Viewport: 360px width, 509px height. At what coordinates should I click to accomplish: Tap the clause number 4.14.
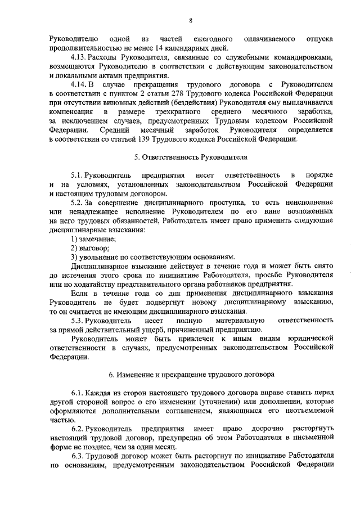tap(79, 85)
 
